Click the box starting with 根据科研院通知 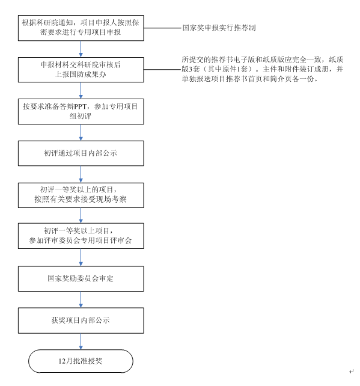pos(81,28)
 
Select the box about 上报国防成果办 pos(81,70)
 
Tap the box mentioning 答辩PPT pos(81,111)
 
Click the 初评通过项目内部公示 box pos(81,153)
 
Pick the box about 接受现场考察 pos(81,195)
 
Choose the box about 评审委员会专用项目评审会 pos(81,236)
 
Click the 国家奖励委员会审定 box pos(81,278)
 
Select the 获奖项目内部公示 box pos(81,320)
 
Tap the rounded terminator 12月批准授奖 pos(81,361)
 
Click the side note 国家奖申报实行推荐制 pos(219,28)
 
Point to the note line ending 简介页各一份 pos(250,79)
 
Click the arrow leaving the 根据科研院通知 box pos(81,49)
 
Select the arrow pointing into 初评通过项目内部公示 pos(81,132)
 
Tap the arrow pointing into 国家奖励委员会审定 pos(81,257)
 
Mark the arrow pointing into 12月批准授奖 pos(81,342)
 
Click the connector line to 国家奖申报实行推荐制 pos(163,28)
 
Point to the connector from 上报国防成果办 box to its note pos(163,69)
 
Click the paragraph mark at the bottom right pos(352,371)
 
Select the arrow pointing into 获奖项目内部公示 pos(81,299)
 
